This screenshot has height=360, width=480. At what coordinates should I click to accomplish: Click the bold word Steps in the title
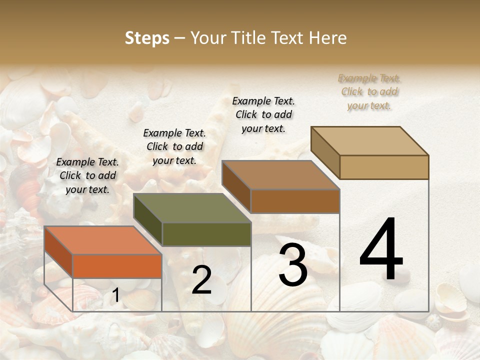[x=147, y=38]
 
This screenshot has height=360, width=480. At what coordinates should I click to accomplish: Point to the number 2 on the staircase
[x=201, y=280]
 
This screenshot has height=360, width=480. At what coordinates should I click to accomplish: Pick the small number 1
[x=115, y=296]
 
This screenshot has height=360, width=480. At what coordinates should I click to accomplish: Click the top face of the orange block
[x=102, y=240]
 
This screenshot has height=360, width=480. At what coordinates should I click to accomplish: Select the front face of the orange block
[x=117, y=266]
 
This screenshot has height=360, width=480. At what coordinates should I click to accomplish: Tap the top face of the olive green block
[x=192, y=208]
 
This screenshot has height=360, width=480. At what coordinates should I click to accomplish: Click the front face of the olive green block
[x=206, y=234]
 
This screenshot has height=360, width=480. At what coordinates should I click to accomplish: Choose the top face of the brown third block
[x=280, y=175]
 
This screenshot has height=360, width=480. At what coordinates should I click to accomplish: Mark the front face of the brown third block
[x=295, y=201]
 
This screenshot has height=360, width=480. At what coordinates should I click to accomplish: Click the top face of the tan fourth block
[x=369, y=141]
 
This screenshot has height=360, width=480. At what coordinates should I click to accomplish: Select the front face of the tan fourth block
[x=384, y=167]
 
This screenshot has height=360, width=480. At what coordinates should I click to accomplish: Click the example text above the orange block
[x=87, y=175]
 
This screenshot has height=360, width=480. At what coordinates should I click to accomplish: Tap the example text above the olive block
[x=174, y=146]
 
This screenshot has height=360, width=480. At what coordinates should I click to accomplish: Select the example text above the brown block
[x=263, y=114]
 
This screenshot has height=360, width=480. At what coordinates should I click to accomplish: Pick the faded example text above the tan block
[x=369, y=91]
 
